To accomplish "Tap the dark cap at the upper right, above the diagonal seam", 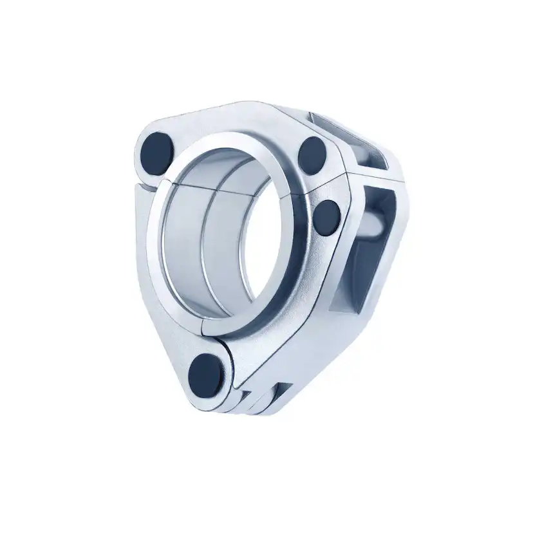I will (x=313, y=154).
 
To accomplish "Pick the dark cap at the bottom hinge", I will (x=206, y=371).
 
